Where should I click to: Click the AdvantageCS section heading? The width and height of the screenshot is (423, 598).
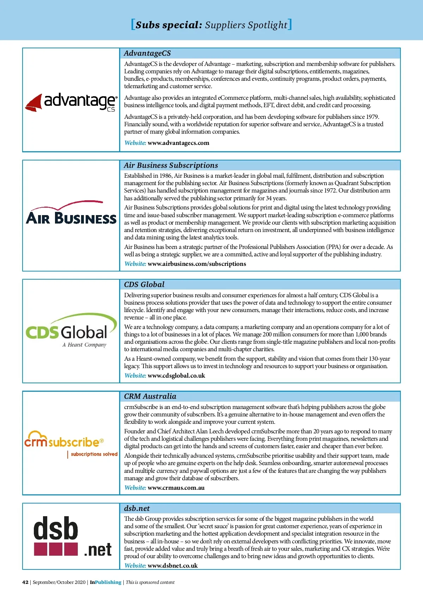point(147,53)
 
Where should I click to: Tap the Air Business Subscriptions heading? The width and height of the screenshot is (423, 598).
point(171,165)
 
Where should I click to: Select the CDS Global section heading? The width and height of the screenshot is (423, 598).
point(144,285)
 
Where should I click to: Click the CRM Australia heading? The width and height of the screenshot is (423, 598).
point(150,396)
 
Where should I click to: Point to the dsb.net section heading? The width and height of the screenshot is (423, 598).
point(137,508)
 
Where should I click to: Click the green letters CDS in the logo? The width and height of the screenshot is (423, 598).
point(42,332)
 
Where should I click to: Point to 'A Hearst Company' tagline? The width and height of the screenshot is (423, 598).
point(84,345)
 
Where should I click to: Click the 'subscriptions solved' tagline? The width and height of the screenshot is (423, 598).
point(94,454)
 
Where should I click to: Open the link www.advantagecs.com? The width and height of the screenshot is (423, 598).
point(178,143)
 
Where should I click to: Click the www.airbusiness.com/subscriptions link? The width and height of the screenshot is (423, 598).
point(197,264)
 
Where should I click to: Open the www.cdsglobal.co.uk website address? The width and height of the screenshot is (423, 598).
point(176,376)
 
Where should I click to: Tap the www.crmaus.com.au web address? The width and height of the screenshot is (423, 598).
point(176,488)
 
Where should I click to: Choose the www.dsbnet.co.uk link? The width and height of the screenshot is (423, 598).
point(172,566)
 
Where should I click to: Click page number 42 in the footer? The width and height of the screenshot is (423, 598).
point(25,582)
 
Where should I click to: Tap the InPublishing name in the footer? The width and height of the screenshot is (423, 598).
point(105,582)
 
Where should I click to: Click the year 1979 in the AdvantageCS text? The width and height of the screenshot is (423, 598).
point(372,117)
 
